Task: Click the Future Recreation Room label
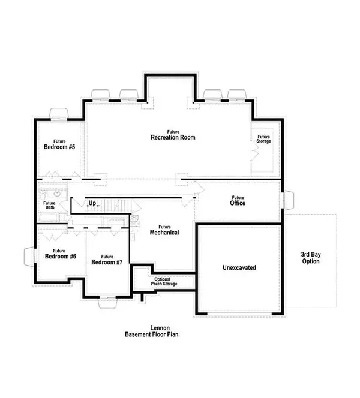click(173, 134)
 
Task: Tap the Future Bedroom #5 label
click(59, 144)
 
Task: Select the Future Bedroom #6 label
click(60, 254)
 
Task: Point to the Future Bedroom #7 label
click(107, 260)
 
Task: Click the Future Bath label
click(49, 206)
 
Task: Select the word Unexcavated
click(239, 267)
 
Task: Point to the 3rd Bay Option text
click(311, 258)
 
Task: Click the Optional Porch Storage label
click(166, 281)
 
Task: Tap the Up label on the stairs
click(92, 204)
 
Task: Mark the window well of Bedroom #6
click(29, 257)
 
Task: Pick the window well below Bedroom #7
click(107, 302)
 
